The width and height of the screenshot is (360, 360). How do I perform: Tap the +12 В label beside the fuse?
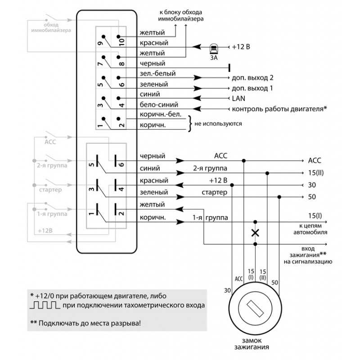click(x=241, y=47)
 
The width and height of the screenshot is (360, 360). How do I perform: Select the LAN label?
click(x=238, y=99)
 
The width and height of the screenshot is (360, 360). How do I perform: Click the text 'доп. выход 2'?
click(x=252, y=77)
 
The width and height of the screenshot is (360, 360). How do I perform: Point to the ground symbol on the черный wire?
click(x=229, y=68)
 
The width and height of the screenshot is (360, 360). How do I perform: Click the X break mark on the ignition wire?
click(x=255, y=233)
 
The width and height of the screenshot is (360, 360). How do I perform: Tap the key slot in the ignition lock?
click(x=255, y=309)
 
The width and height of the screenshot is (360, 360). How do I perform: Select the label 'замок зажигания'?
click(x=252, y=343)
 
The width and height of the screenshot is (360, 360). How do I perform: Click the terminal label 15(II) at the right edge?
click(x=316, y=173)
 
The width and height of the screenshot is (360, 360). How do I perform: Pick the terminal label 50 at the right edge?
click(x=312, y=197)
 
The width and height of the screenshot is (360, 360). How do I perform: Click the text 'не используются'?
click(x=218, y=123)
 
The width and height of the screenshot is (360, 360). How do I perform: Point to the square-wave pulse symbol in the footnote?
click(x=45, y=305)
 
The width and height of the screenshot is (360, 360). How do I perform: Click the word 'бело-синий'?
click(x=159, y=104)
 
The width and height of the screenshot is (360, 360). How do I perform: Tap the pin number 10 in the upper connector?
click(x=121, y=42)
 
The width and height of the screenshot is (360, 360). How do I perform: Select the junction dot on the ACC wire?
click(x=244, y=161)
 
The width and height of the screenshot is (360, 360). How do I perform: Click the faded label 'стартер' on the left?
click(x=50, y=190)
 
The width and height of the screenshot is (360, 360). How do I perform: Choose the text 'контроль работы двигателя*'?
click(x=279, y=108)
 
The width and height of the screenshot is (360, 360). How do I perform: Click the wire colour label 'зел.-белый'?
click(x=158, y=73)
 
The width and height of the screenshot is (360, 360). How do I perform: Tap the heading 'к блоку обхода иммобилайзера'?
click(x=181, y=15)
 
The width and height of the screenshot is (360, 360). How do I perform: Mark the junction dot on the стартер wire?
click(x=279, y=197)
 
